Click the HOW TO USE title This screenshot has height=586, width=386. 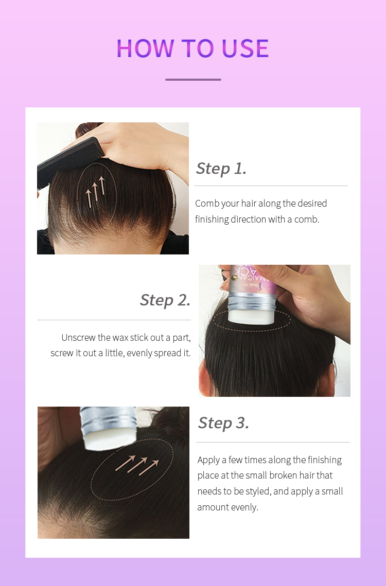tap(192, 48)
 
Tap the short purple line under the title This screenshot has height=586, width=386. tap(193, 80)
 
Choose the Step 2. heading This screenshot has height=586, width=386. tap(165, 300)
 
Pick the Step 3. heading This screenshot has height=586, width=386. tap(223, 423)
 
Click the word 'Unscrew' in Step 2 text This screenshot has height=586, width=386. tap(78, 338)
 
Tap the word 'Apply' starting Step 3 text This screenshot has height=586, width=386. tap(208, 460)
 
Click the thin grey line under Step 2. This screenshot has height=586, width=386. tap(114, 320)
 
